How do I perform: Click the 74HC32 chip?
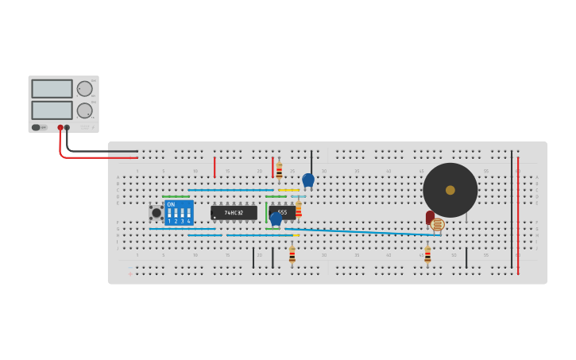click(x=234, y=213)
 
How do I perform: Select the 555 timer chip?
click(x=282, y=212)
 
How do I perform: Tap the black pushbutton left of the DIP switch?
click(x=157, y=213)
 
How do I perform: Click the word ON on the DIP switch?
click(x=171, y=204)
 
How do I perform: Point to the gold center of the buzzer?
click(x=450, y=190)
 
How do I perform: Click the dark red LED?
click(x=430, y=217)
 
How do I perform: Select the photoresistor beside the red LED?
click(x=438, y=225)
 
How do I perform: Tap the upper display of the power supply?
click(x=52, y=88)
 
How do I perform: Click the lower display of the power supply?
click(x=52, y=110)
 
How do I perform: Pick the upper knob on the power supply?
click(x=84, y=88)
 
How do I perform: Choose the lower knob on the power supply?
click(x=84, y=110)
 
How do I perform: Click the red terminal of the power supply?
click(x=60, y=127)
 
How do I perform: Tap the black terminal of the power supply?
click(x=67, y=127)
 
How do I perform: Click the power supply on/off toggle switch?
click(x=37, y=127)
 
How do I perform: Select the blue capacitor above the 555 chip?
click(x=308, y=180)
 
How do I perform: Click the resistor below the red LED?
click(x=427, y=254)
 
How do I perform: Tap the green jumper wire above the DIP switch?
click(x=176, y=196)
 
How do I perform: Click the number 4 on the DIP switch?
click(x=188, y=221)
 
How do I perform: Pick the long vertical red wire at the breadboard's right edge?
click(x=518, y=215)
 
